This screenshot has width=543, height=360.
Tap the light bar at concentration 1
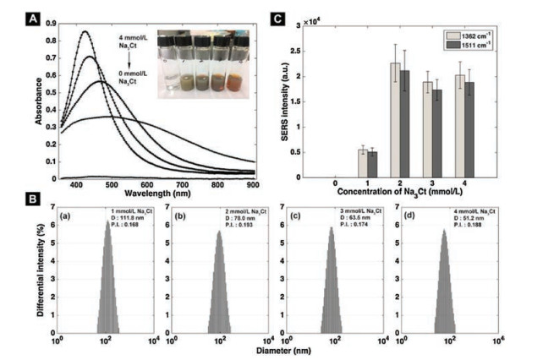[x=364, y=162]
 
